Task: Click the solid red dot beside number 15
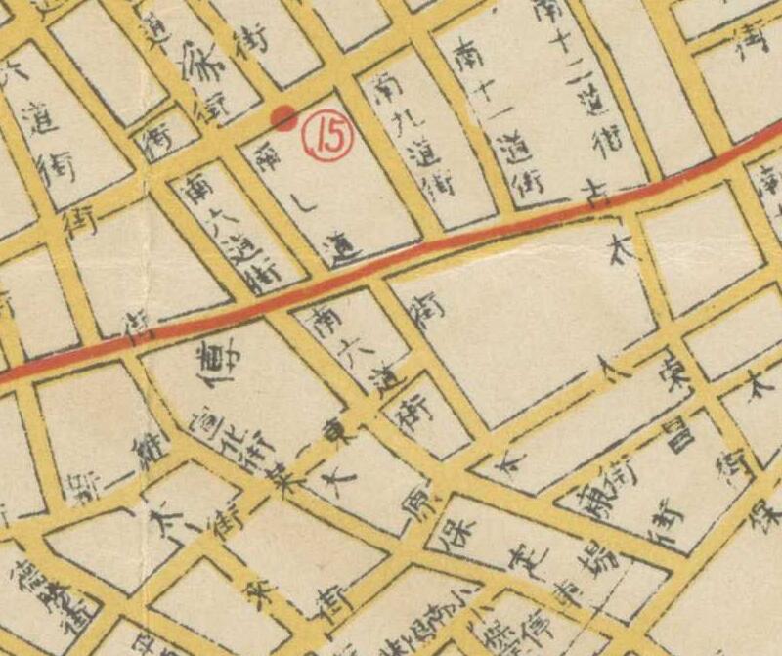pos(283,118)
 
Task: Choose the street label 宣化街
pos(212,451)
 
